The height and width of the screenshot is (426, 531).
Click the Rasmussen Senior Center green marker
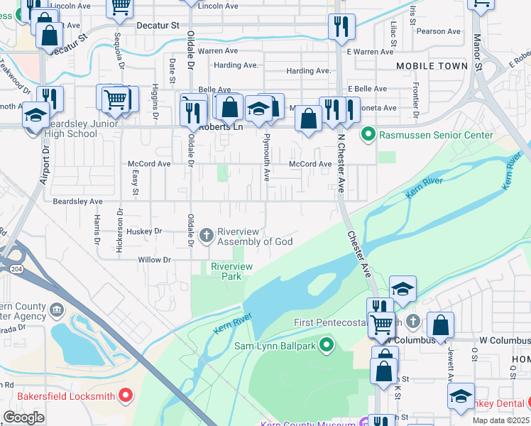pos(368,134)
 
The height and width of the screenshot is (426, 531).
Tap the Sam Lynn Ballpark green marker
pos(327,346)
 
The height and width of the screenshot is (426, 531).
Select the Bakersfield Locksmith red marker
pos(127,395)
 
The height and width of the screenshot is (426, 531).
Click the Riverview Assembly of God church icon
pos(207,235)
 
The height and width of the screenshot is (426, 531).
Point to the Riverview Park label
pos(231,271)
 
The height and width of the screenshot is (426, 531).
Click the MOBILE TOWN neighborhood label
pos(427,66)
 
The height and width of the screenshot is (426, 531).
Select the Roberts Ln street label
pos(220,128)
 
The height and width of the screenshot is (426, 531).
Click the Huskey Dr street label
pos(146,231)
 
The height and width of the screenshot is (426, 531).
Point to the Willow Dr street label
pos(155,261)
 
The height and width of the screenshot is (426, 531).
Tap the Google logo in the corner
pos(24,417)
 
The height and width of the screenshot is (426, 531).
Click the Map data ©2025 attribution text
pos(500,421)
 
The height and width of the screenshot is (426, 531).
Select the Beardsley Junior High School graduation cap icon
pos(35,114)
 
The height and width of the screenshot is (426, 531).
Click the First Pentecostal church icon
pos(413,322)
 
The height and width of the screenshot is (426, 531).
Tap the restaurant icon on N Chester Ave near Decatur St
pos(341,26)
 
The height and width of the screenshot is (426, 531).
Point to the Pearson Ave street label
pos(439,31)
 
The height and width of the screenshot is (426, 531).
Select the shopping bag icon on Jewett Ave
pos(440,324)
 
